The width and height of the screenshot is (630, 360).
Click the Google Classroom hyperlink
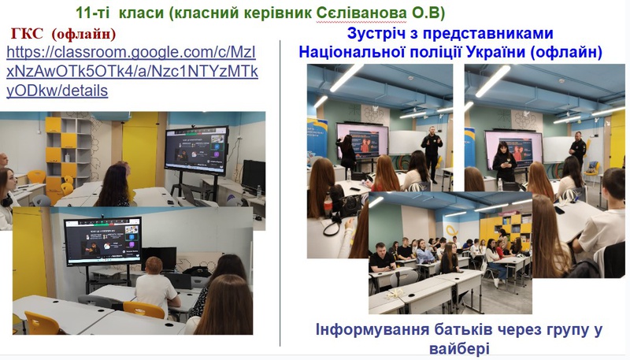(x=132, y=72)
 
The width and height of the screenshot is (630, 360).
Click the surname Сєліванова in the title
(x=361, y=13)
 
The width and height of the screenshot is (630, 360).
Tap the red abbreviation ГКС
(x=27, y=34)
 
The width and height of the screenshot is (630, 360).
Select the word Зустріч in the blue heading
(x=374, y=33)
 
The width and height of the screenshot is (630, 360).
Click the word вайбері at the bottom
(x=459, y=348)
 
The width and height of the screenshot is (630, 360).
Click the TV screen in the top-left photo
(x=196, y=150)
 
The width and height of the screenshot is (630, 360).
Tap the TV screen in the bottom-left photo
(x=103, y=242)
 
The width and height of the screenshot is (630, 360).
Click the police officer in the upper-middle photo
(x=432, y=153)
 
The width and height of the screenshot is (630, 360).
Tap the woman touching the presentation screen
(x=346, y=153)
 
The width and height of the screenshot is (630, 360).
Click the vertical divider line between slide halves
(x=280, y=193)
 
